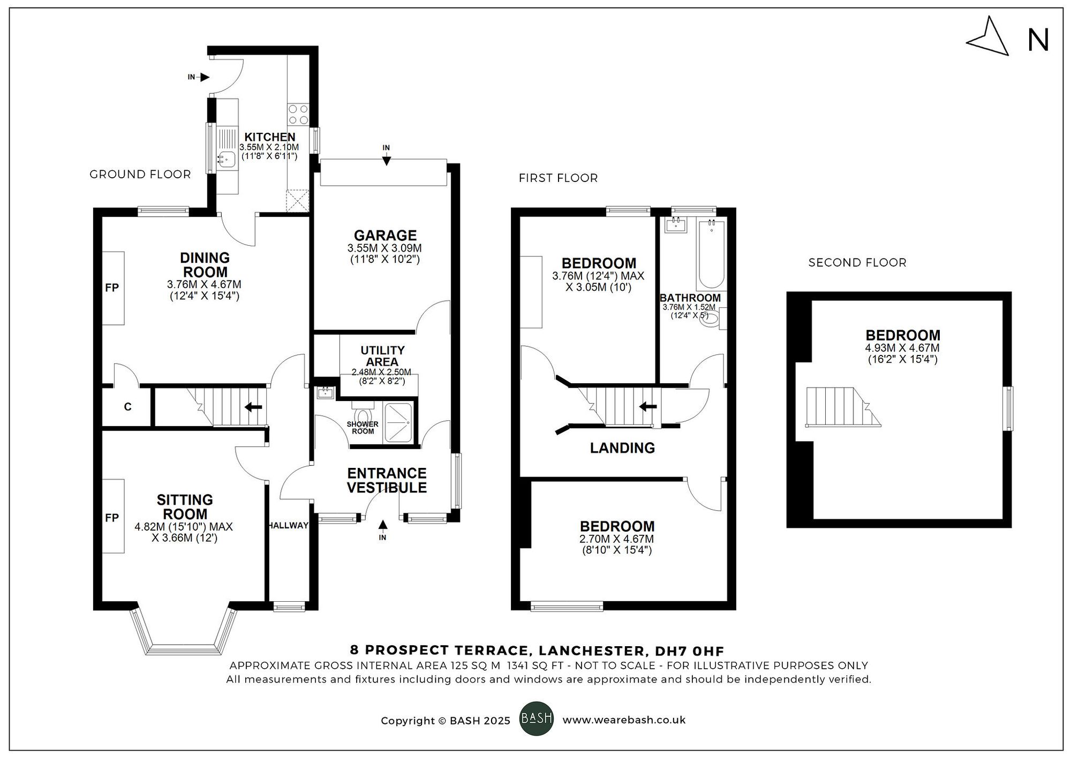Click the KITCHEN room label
tap(270, 137)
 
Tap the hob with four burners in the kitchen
tap(298, 114)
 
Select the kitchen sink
tap(227, 158)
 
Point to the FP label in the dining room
tap(112, 288)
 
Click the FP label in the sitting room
tap(112, 518)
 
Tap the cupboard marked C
tap(127, 407)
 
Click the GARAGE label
tap(385, 236)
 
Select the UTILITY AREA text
tap(382, 356)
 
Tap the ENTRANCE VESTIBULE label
tap(387, 480)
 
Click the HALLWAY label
tap(289, 526)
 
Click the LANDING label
tap(622, 448)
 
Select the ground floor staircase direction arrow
tap(253, 407)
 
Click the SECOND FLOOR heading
tap(857, 263)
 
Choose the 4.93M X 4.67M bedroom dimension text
tap(902, 348)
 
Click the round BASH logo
tap(536, 718)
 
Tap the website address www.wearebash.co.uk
tap(624, 720)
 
